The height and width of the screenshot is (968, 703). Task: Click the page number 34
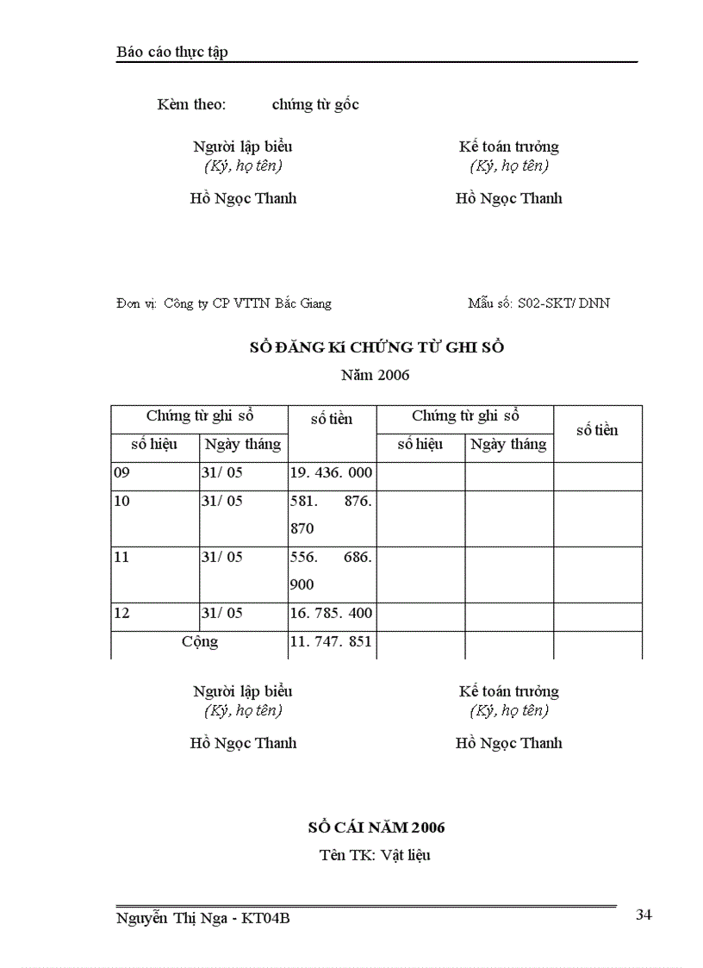point(644,915)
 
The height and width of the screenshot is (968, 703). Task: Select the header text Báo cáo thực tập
point(171,53)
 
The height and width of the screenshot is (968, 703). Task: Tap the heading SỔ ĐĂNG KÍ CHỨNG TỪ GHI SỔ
point(376,347)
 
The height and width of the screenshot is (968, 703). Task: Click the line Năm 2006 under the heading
point(376,375)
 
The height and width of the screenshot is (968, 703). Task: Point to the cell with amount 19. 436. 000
point(331,472)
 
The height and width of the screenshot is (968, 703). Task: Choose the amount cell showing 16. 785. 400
point(331,613)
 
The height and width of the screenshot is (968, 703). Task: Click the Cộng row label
point(200,641)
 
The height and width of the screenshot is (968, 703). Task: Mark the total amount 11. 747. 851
point(331,641)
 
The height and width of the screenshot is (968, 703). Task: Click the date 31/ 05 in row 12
point(222,613)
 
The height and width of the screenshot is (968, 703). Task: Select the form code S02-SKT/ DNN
point(564,303)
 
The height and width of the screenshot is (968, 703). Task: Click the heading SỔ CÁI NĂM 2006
point(376,827)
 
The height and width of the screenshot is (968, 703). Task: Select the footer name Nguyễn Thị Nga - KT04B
point(202,919)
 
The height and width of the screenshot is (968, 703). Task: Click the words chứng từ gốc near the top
point(315,105)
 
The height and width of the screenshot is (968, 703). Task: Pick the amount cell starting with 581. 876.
point(331,514)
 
